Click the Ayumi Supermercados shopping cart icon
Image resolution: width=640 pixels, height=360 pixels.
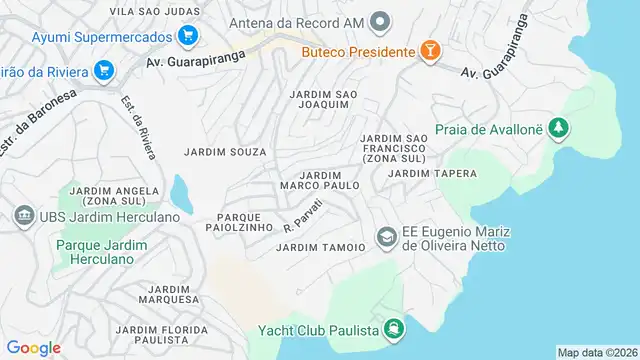(x=187, y=36)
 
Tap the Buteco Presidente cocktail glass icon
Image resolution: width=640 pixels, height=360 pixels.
(x=429, y=51)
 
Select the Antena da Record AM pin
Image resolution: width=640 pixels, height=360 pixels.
(x=380, y=22)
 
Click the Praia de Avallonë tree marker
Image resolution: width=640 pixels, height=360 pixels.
(x=559, y=129)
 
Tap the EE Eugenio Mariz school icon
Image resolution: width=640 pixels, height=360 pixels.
(x=385, y=237)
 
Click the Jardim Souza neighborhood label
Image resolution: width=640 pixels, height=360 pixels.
(x=225, y=152)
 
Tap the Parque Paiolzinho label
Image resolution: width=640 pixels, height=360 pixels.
(x=246, y=222)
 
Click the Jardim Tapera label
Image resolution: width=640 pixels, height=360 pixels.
(x=432, y=173)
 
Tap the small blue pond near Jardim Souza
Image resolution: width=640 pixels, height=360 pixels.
(x=179, y=191)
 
